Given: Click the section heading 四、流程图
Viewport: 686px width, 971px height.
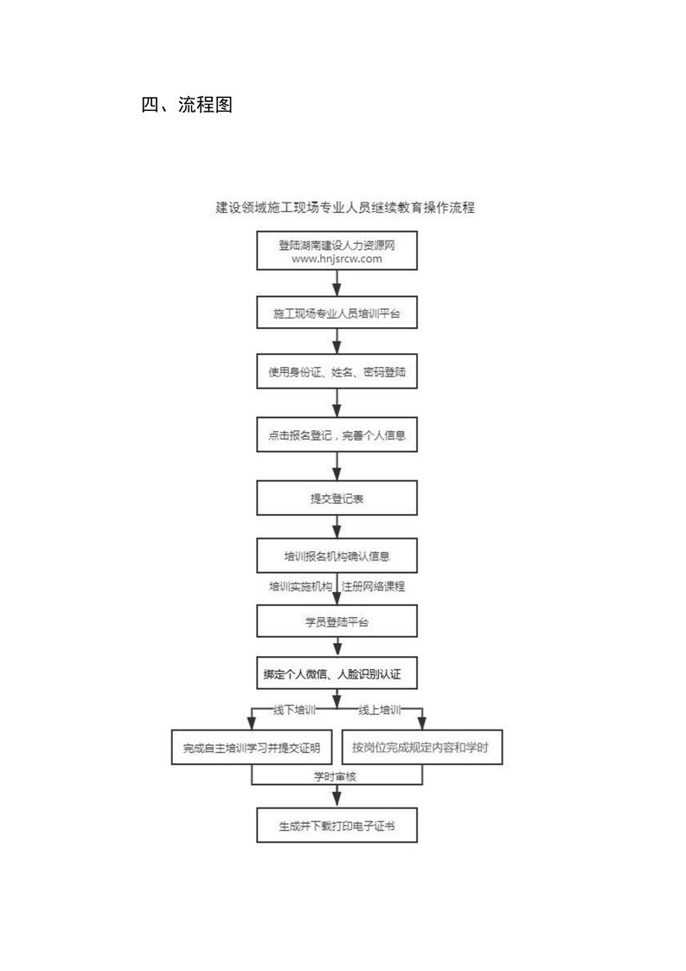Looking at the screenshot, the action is click(x=187, y=105).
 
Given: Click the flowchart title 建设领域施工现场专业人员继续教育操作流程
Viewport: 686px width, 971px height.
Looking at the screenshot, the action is click(x=345, y=208).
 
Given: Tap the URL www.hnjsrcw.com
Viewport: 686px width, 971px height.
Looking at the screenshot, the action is click(x=337, y=259).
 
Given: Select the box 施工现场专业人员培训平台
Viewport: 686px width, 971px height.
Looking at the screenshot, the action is click(x=337, y=313).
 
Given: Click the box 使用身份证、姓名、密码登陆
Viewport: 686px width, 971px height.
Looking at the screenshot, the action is click(x=337, y=371).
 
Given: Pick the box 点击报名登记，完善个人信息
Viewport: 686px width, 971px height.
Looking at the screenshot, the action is click(x=337, y=434).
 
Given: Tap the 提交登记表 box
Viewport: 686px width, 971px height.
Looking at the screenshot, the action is click(x=337, y=498).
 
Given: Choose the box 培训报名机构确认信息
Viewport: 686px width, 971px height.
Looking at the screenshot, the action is click(x=337, y=556).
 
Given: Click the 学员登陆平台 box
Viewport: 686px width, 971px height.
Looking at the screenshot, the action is click(x=337, y=621).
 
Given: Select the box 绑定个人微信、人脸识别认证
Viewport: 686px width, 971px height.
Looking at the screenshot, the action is click(x=337, y=673).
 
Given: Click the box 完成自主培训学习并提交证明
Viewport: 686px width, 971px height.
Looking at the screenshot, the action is click(x=252, y=748).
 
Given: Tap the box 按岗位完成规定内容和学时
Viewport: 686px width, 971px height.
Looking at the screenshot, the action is click(x=421, y=748).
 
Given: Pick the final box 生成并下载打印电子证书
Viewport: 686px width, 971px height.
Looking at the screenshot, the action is click(x=337, y=826).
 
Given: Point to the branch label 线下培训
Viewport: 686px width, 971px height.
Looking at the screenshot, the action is click(x=295, y=710).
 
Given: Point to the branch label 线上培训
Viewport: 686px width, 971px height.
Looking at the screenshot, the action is click(x=380, y=710).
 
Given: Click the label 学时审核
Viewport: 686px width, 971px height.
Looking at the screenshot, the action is click(x=335, y=776).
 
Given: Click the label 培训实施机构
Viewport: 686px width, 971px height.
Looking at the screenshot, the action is click(x=300, y=586).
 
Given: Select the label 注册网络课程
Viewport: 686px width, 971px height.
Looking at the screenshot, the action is click(x=374, y=586).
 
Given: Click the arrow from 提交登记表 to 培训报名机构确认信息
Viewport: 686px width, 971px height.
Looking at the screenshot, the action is click(x=337, y=526).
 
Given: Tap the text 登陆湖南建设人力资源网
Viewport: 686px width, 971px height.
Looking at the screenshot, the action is click(x=337, y=245).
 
